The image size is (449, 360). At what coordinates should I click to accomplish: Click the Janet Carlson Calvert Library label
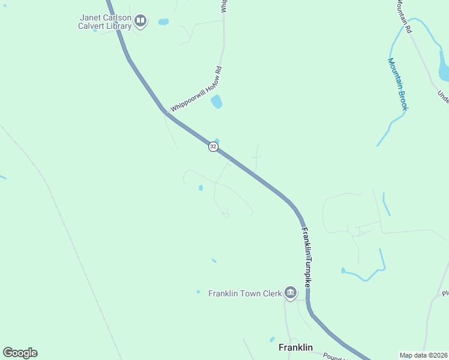(106, 22)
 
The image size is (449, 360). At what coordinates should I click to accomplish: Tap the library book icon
(140, 22)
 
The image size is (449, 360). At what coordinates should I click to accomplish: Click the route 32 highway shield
(213, 146)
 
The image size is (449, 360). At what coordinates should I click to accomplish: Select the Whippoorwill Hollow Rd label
(196, 89)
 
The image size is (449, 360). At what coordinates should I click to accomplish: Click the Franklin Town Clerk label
(245, 293)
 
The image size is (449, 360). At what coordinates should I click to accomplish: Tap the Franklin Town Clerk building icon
(291, 293)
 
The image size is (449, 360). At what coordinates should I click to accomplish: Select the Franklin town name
(295, 347)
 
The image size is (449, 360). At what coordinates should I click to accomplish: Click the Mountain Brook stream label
(397, 83)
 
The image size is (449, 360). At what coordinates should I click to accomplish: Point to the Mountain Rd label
(403, 16)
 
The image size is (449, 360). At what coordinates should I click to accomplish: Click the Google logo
(20, 353)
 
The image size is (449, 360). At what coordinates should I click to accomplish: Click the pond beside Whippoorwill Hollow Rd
(216, 102)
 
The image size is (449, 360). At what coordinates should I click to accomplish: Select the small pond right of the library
(163, 22)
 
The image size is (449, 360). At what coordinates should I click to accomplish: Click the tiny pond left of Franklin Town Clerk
(198, 292)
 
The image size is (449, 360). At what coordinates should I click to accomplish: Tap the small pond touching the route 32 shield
(217, 142)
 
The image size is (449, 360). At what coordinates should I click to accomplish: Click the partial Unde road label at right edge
(443, 96)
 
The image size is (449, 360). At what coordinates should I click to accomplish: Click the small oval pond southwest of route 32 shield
(200, 188)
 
